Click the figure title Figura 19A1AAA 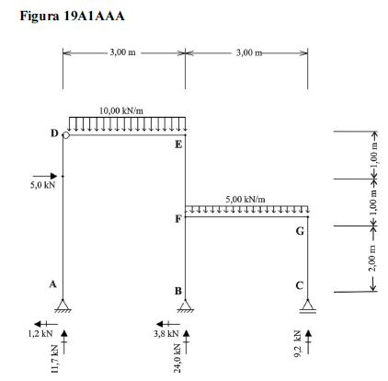(72, 16)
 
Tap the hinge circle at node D (66, 135)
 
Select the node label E (178, 144)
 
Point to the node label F (178, 219)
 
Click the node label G (300, 231)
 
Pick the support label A (53, 284)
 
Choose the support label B (178, 291)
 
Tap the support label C (300, 286)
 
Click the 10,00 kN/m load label (121, 110)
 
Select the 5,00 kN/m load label (245, 200)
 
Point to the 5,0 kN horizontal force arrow (45, 176)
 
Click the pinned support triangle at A (63, 306)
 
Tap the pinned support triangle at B (185, 306)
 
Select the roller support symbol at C (308, 306)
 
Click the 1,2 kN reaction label (40, 333)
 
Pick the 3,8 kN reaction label (165, 333)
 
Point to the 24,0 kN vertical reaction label (177, 358)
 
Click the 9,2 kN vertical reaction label (298, 344)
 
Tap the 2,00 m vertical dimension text (372, 258)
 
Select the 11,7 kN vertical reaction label (55, 359)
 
